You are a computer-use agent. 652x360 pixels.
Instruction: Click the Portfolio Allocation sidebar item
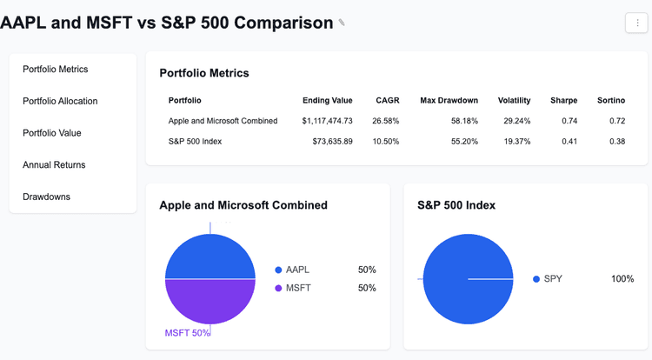(x=60, y=101)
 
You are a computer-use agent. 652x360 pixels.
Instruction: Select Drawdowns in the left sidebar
(x=46, y=197)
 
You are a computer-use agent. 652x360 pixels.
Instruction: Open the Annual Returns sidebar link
(x=54, y=164)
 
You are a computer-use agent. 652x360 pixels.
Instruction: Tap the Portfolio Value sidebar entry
(x=51, y=133)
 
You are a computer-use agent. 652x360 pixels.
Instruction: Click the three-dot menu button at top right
(x=636, y=23)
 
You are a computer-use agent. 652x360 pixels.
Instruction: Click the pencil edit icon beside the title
(x=342, y=23)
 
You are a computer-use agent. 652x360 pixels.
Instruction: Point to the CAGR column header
(x=387, y=100)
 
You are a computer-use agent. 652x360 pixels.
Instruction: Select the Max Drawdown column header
(x=449, y=100)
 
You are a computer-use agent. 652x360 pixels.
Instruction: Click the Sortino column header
(x=610, y=100)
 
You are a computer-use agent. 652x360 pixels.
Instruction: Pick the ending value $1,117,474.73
(x=327, y=121)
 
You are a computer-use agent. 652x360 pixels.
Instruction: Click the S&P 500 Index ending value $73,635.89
(x=332, y=141)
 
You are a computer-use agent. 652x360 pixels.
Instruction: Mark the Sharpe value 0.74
(x=569, y=121)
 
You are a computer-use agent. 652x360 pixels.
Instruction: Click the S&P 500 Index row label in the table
(x=195, y=141)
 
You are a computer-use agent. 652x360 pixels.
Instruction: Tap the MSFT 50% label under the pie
(x=187, y=333)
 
